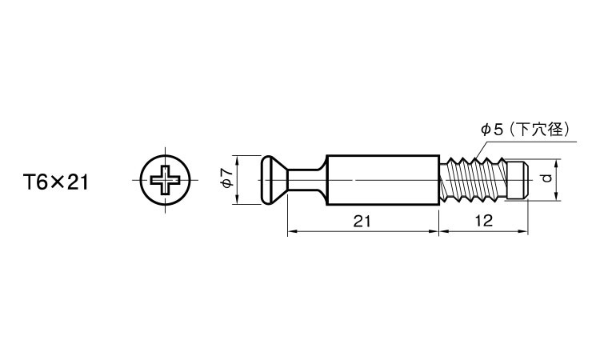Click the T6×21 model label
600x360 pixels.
[x=56, y=182]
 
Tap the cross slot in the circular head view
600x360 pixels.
[x=166, y=180]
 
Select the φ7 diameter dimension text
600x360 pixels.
[x=227, y=178]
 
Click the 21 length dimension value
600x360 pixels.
[x=362, y=221]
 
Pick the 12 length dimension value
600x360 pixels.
[x=484, y=221]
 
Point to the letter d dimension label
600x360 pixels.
[x=546, y=178]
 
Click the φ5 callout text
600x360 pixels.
[x=492, y=130]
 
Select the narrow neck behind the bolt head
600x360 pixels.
[x=304, y=180]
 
